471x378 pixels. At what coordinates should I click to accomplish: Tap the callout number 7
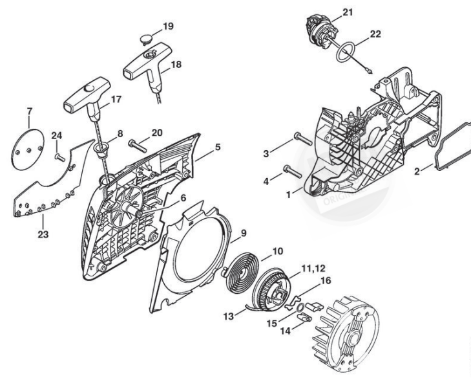tap(28, 120)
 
